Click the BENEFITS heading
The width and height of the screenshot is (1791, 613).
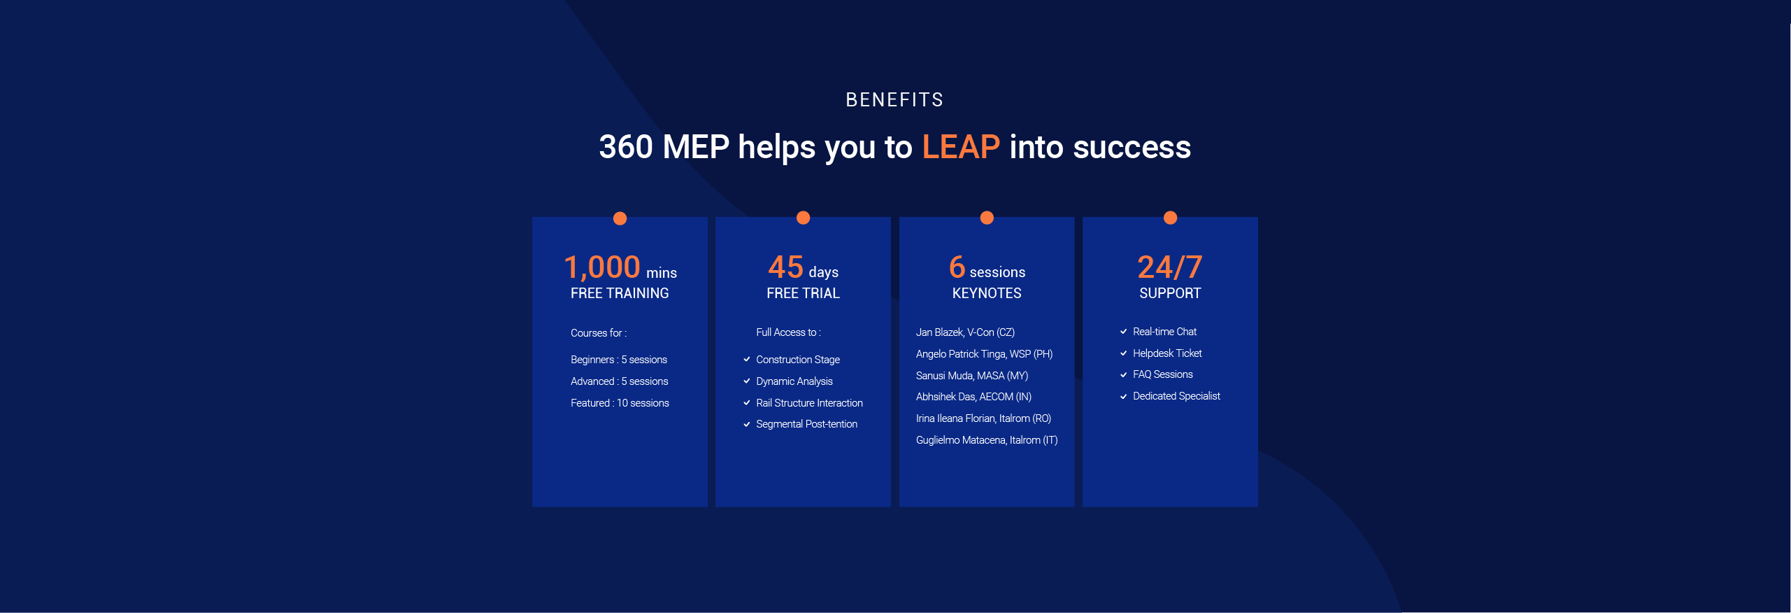pos(894,100)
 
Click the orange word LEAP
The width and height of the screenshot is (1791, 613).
pos(961,147)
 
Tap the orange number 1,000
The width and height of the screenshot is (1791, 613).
pos(602,267)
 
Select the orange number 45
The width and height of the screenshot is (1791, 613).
pos(785,267)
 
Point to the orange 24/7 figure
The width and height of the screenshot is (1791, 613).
pos(1170,267)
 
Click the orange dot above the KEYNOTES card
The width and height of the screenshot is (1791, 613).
pos(987,218)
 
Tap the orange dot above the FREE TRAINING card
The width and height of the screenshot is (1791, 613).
pos(620,218)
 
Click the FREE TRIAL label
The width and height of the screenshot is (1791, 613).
pos(803,293)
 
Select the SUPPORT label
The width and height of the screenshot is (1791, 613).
pos(1170,293)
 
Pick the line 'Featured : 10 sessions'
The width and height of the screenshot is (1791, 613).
pos(620,403)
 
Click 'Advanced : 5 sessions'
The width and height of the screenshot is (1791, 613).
pos(619,381)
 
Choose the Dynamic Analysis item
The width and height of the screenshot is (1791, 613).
pos(794,381)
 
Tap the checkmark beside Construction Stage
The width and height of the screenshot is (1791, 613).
pos(747,360)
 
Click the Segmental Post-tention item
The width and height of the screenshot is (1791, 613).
pos(806,424)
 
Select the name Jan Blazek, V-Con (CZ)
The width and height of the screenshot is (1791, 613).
pos(965,332)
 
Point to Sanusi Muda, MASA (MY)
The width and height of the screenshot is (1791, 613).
pos(972,376)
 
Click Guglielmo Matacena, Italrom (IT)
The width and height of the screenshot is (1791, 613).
pos(987,440)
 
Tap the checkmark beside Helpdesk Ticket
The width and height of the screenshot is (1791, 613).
pos(1124,353)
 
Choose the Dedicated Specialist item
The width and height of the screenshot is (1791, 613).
pos(1176,396)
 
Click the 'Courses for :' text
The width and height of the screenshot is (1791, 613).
pos(599,333)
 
